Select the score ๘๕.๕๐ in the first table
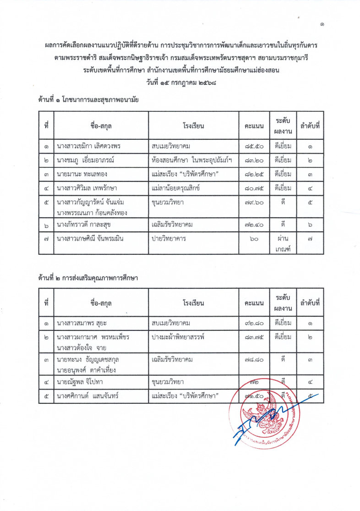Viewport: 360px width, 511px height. pyautogui.click(x=254, y=147)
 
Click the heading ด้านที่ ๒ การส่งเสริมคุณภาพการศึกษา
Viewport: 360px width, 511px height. pyautogui.click(x=88, y=278)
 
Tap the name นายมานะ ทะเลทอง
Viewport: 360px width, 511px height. pyautogui.click(x=83, y=174)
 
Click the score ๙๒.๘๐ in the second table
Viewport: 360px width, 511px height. pyautogui.click(x=254, y=324)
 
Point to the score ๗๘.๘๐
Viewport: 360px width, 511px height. pyautogui.click(x=254, y=360)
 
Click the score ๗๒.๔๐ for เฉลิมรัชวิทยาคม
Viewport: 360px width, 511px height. pyautogui.click(x=254, y=225)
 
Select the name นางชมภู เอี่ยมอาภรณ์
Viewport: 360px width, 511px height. pyautogui.click(x=85, y=160)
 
